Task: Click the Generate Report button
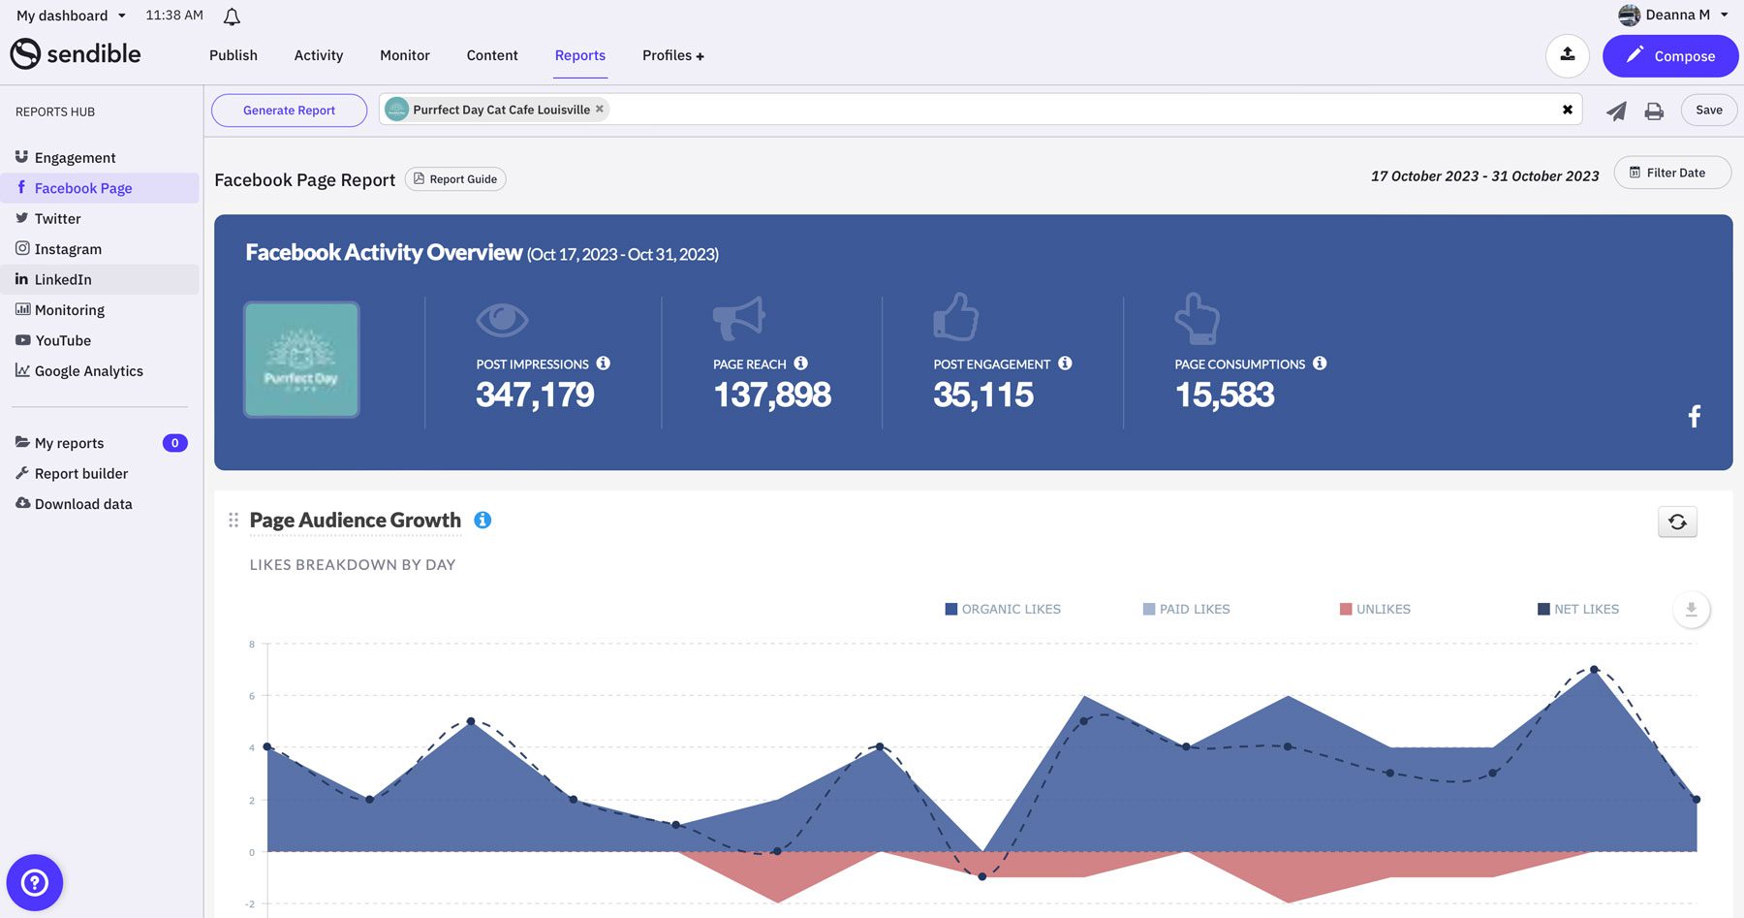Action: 289,111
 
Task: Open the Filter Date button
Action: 1671,173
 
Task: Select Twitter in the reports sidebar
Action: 57,219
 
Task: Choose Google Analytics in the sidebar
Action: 88,371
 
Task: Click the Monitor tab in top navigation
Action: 404,55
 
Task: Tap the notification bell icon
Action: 232,16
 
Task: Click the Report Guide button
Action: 454,179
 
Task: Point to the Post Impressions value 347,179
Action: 535,395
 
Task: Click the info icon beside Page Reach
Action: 800,364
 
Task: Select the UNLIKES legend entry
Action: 1375,609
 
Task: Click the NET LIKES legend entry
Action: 1578,609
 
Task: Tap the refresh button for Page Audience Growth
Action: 1677,522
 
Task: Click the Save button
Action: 1708,110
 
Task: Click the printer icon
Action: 1654,111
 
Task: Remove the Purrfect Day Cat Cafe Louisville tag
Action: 600,109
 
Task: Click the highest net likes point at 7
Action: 1594,670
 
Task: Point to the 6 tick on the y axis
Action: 252,696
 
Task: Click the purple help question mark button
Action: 35,882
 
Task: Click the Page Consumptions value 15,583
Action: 1224,395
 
